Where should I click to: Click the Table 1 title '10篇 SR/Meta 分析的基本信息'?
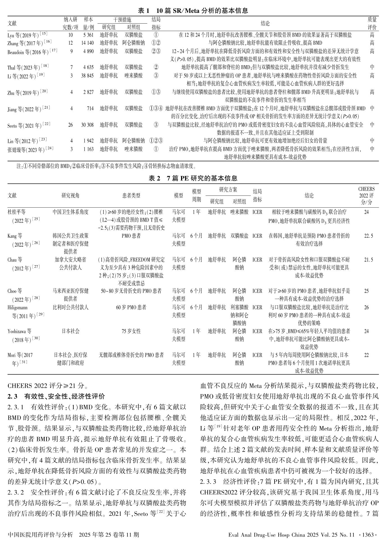click(x=193, y=11)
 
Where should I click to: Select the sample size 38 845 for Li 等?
click(x=87, y=76)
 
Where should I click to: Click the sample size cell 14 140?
click(x=87, y=43)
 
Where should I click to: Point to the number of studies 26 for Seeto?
click(x=70, y=124)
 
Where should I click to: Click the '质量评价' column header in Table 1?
click(x=372, y=23)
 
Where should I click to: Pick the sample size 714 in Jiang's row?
click(x=90, y=108)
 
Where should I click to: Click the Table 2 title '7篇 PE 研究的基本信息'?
click(x=193, y=178)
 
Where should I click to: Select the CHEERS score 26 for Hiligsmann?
click(x=366, y=307)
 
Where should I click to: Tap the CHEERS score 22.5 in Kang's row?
click(x=368, y=236)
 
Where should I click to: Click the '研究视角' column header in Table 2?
click(x=70, y=196)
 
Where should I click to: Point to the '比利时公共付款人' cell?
click(x=70, y=307)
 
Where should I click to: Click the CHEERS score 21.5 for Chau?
click(x=368, y=260)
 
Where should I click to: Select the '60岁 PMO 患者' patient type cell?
click(x=131, y=307)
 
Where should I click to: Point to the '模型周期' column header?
click(x=197, y=196)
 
